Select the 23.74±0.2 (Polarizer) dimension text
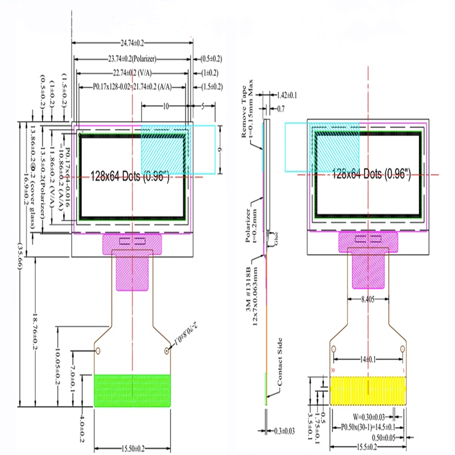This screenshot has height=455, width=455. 132,59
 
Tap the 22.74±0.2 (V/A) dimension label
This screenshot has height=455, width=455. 132,73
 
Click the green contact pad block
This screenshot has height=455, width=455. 132,390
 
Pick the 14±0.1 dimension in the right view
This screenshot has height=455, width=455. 368,359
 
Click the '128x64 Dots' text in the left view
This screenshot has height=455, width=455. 131,176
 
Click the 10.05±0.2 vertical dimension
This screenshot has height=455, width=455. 57,366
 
